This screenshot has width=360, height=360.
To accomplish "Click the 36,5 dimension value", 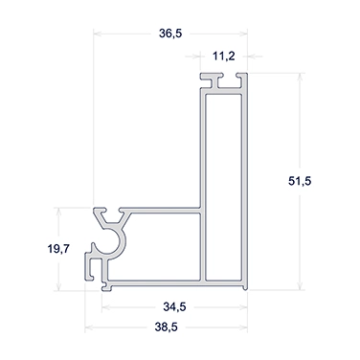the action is tap(170, 34).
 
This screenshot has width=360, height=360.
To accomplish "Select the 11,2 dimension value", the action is tap(224, 56).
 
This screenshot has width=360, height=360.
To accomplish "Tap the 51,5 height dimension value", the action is tap(300, 181).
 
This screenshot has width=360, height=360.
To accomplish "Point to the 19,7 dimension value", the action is tap(58, 248).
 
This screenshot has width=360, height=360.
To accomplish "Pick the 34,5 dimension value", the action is tap(174, 307).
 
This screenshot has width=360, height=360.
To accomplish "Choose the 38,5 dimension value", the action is tap(166, 327).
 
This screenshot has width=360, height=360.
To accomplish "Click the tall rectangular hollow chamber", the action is tap(223, 188).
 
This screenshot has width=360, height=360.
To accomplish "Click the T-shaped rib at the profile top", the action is tap(218, 80).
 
